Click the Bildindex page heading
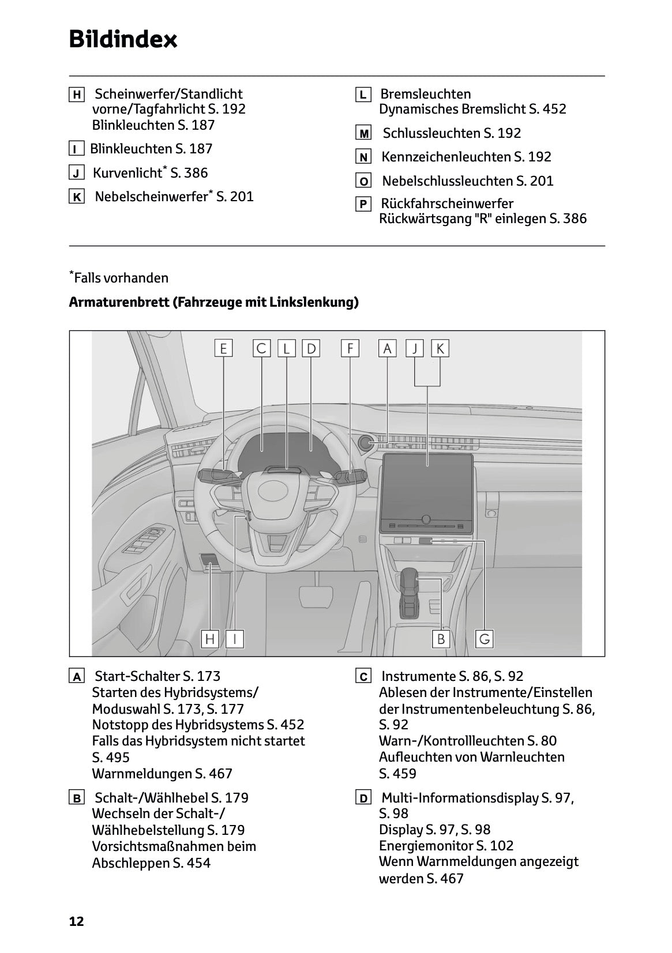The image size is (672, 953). pyautogui.click(x=123, y=39)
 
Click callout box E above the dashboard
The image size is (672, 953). pyautogui.click(x=223, y=348)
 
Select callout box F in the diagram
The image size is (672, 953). pyautogui.click(x=350, y=348)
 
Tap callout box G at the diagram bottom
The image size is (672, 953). pyautogui.click(x=485, y=639)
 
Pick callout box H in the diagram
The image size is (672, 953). pyautogui.click(x=211, y=639)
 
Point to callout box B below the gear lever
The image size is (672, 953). pyautogui.click(x=441, y=639)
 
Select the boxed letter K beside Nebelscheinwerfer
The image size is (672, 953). pyautogui.click(x=76, y=197)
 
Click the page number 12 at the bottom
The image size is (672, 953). pyautogui.click(x=76, y=921)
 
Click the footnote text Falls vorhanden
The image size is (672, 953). pyautogui.click(x=121, y=278)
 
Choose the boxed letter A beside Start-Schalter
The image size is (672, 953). pyautogui.click(x=76, y=677)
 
